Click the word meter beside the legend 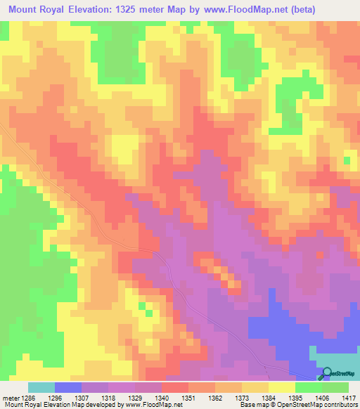point(9,397)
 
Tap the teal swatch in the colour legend point(41,387)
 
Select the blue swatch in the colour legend point(68,387)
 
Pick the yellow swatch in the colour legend point(281,387)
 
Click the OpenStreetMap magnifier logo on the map point(326,372)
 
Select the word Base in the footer point(245,405)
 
